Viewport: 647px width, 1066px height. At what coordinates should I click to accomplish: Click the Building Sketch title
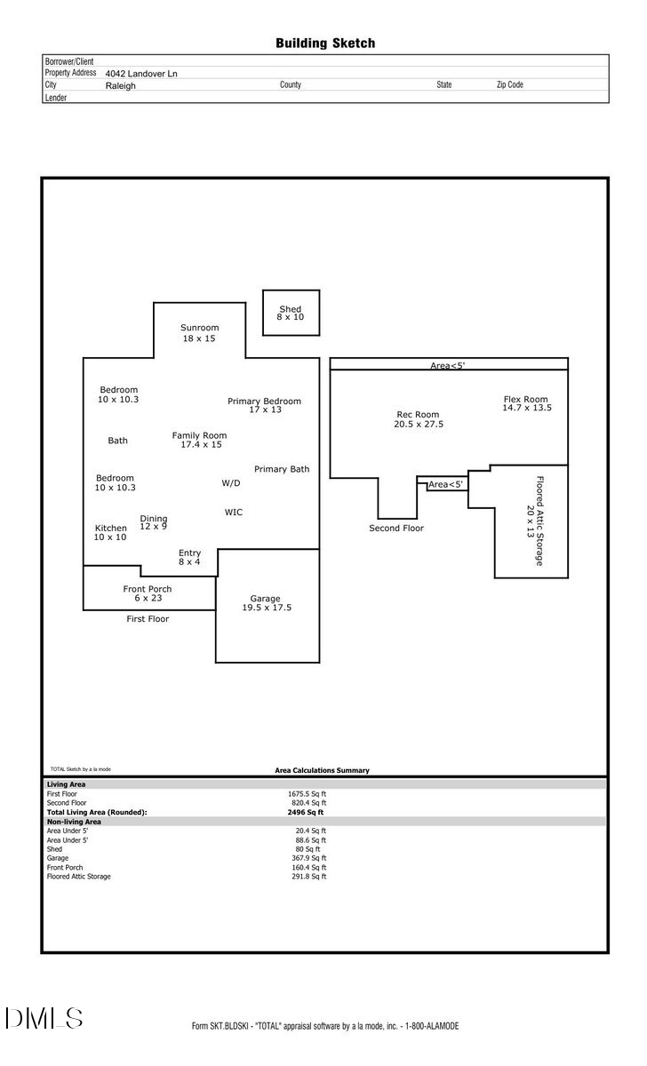point(324,43)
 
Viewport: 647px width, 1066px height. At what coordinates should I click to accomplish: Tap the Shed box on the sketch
point(291,313)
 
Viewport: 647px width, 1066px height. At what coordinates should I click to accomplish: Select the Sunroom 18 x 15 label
point(199,333)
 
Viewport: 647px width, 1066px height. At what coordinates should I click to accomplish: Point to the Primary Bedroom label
point(264,405)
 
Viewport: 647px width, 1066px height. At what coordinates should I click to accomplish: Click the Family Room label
point(199,440)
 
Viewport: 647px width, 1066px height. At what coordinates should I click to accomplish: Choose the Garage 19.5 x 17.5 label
point(267,603)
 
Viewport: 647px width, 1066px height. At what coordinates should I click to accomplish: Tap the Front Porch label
point(148,593)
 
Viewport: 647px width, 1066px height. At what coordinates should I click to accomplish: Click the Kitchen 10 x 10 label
point(111,532)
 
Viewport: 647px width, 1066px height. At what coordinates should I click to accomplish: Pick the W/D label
point(231,483)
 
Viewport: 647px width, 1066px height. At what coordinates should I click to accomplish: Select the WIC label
point(234,513)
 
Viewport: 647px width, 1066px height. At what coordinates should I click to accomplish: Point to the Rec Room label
point(418,419)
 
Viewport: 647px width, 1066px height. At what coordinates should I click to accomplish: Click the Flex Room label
point(526,403)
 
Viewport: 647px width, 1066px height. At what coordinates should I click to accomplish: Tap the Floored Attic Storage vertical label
point(535,521)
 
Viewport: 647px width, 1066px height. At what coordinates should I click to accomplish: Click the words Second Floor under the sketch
point(396,529)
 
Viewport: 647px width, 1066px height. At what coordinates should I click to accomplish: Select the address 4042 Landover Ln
point(141,74)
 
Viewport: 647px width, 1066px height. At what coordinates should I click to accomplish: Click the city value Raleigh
point(121,86)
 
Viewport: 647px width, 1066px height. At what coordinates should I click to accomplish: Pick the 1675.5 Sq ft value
point(307,793)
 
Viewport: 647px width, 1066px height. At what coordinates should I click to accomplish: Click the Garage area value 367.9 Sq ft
point(311,858)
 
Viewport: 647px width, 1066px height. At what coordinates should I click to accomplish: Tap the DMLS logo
point(44,1018)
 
